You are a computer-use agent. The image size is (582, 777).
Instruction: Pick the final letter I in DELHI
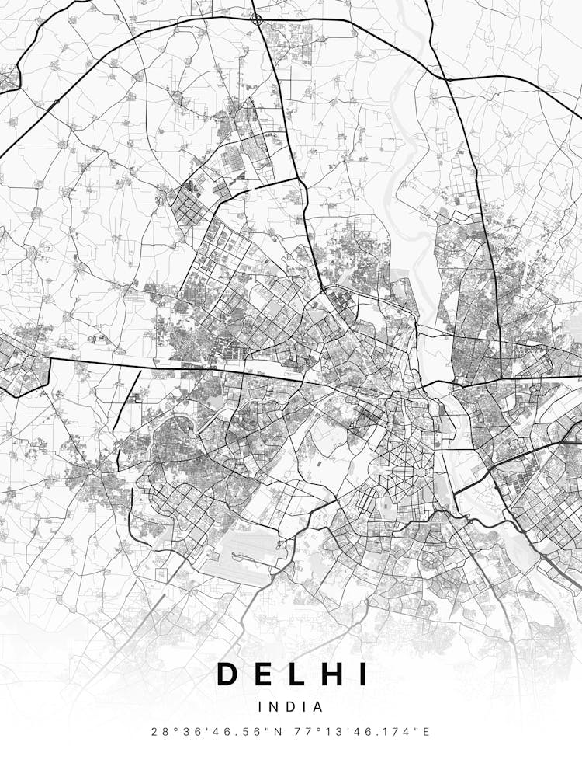point(363,674)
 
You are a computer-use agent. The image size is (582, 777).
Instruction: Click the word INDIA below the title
point(291,707)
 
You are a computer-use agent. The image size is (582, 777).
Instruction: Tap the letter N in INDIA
point(275,707)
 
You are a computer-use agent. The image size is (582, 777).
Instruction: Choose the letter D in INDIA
point(290,707)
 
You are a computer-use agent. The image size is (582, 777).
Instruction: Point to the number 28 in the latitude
point(160,732)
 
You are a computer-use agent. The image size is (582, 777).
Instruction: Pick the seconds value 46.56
point(241,732)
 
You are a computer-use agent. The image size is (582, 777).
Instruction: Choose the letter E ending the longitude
point(425,732)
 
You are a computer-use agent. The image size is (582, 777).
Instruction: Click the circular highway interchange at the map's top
point(257,17)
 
